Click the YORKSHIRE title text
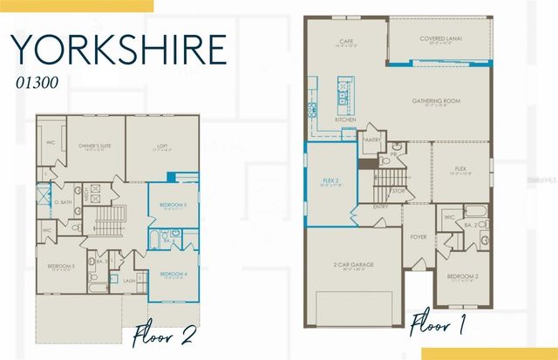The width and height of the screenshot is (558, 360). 119,50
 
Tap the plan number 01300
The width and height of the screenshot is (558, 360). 36,83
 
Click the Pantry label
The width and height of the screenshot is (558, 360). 371,139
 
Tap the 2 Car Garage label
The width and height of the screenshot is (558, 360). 353,264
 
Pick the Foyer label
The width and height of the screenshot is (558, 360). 419,236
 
